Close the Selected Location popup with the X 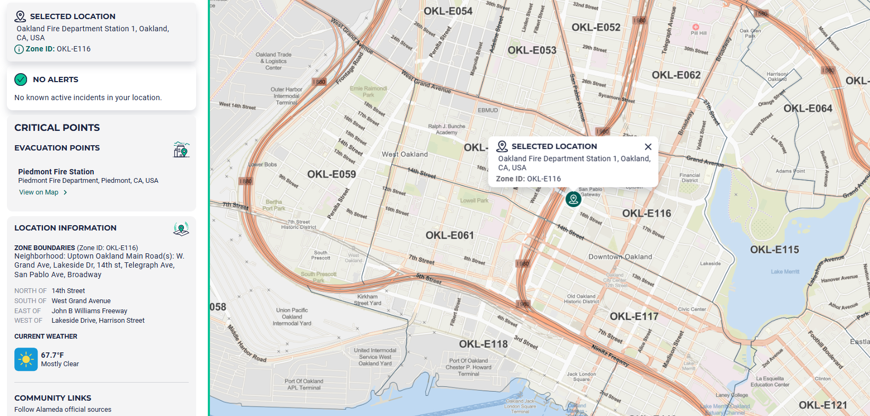(x=648, y=147)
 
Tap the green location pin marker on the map (x=573, y=199)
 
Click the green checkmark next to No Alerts (x=21, y=79)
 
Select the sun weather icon (x=26, y=359)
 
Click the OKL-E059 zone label (x=331, y=174)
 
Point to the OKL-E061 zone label (x=450, y=235)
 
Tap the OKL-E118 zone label (x=483, y=344)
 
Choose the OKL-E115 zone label (x=774, y=250)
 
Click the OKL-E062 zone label (x=676, y=75)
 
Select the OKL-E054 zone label (x=448, y=11)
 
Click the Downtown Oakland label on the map (x=620, y=257)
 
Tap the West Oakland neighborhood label (x=405, y=155)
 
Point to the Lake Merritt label (x=785, y=272)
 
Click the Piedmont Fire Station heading (x=56, y=172)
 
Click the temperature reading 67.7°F (x=52, y=355)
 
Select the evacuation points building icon (x=181, y=149)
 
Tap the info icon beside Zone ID (x=19, y=49)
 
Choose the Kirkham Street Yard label (x=367, y=300)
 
